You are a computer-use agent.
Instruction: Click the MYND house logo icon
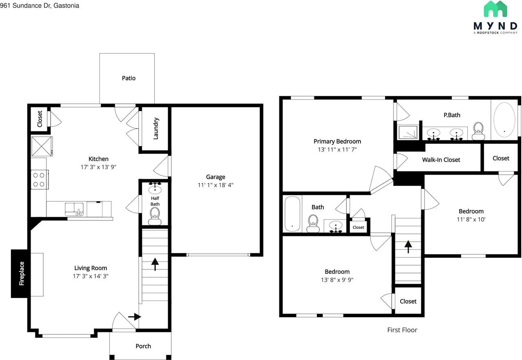click(x=495, y=9)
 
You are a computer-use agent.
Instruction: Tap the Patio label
click(x=128, y=78)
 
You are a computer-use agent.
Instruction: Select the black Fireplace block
click(x=19, y=273)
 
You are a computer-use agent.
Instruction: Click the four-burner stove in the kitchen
click(x=40, y=180)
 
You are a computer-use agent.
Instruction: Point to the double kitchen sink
click(x=74, y=209)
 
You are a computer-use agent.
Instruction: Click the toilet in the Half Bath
click(x=155, y=216)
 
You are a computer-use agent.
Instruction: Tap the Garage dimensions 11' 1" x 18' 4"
click(x=216, y=185)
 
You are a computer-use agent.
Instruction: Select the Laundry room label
click(x=156, y=129)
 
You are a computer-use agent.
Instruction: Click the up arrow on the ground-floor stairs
click(x=155, y=264)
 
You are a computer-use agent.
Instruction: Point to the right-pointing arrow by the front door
click(x=135, y=317)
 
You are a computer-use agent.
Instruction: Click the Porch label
click(x=143, y=346)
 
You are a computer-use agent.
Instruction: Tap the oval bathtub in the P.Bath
click(x=504, y=119)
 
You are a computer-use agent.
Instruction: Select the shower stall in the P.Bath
click(x=408, y=132)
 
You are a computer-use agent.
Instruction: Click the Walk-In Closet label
click(x=441, y=160)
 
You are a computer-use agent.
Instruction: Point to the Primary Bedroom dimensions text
click(x=337, y=149)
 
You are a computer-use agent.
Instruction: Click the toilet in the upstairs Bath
click(x=313, y=223)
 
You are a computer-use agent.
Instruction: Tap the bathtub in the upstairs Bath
click(x=292, y=214)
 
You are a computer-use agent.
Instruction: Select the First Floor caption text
click(x=402, y=330)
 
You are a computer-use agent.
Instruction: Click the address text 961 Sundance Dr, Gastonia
click(x=40, y=6)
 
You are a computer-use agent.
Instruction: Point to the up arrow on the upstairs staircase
click(x=408, y=247)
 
